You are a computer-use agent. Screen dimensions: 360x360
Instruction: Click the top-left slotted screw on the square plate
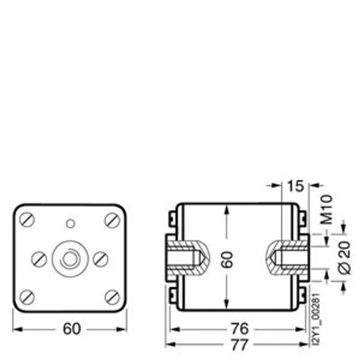tap(27, 220)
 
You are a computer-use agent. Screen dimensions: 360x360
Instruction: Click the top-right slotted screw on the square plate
tap(112, 220)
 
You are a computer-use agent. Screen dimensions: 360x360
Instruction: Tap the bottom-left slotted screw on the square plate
tap(27, 297)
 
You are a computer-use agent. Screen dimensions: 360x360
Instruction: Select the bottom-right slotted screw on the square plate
tap(112, 297)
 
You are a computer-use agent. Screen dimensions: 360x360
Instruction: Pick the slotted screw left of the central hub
tap(39, 259)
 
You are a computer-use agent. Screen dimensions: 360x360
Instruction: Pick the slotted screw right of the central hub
tap(100, 259)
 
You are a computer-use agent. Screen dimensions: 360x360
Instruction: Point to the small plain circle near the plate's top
tap(71, 223)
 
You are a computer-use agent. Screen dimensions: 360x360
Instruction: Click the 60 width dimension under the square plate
tap(72, 328)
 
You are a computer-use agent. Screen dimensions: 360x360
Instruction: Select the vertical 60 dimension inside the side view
tap(227, 260)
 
